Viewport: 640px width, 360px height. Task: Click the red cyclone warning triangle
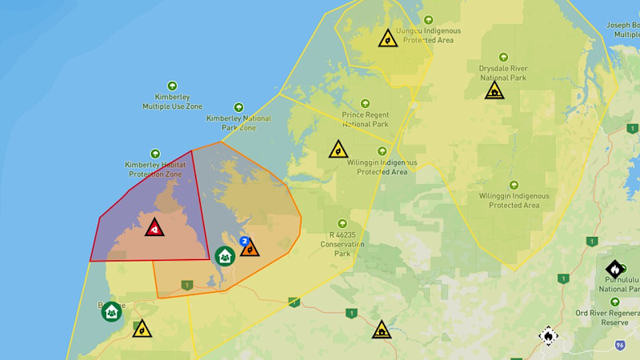[x=154, y=227]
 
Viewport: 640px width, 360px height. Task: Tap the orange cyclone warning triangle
[x=250, y=248]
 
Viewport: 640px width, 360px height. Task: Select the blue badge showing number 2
[x=243, y=241]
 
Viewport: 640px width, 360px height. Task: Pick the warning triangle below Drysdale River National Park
[x=494, y=90]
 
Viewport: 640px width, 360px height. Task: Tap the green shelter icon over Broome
[x=112, y=311]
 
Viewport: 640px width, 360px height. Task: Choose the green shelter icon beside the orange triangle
[x=225, y=256]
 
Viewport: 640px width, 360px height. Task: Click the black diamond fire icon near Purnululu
[x=614, y=269]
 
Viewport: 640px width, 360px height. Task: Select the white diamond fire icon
[x=547, y=335]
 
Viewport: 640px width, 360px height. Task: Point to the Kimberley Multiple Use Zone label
[x=172, y=102]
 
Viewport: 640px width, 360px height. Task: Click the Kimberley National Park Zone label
[x=238, y=122]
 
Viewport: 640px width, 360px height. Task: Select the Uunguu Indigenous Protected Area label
[x=428, y=35]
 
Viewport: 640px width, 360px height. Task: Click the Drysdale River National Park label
[x=503, y=73]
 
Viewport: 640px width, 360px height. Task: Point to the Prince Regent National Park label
[x=366, y=119]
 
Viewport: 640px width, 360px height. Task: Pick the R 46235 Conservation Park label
[x=342, y=243]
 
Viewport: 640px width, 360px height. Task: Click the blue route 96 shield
[x=620, y=345]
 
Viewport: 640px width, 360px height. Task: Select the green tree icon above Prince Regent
[x=366, y=103]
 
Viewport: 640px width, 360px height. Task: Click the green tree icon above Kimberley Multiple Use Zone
[x=172, y=86]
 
